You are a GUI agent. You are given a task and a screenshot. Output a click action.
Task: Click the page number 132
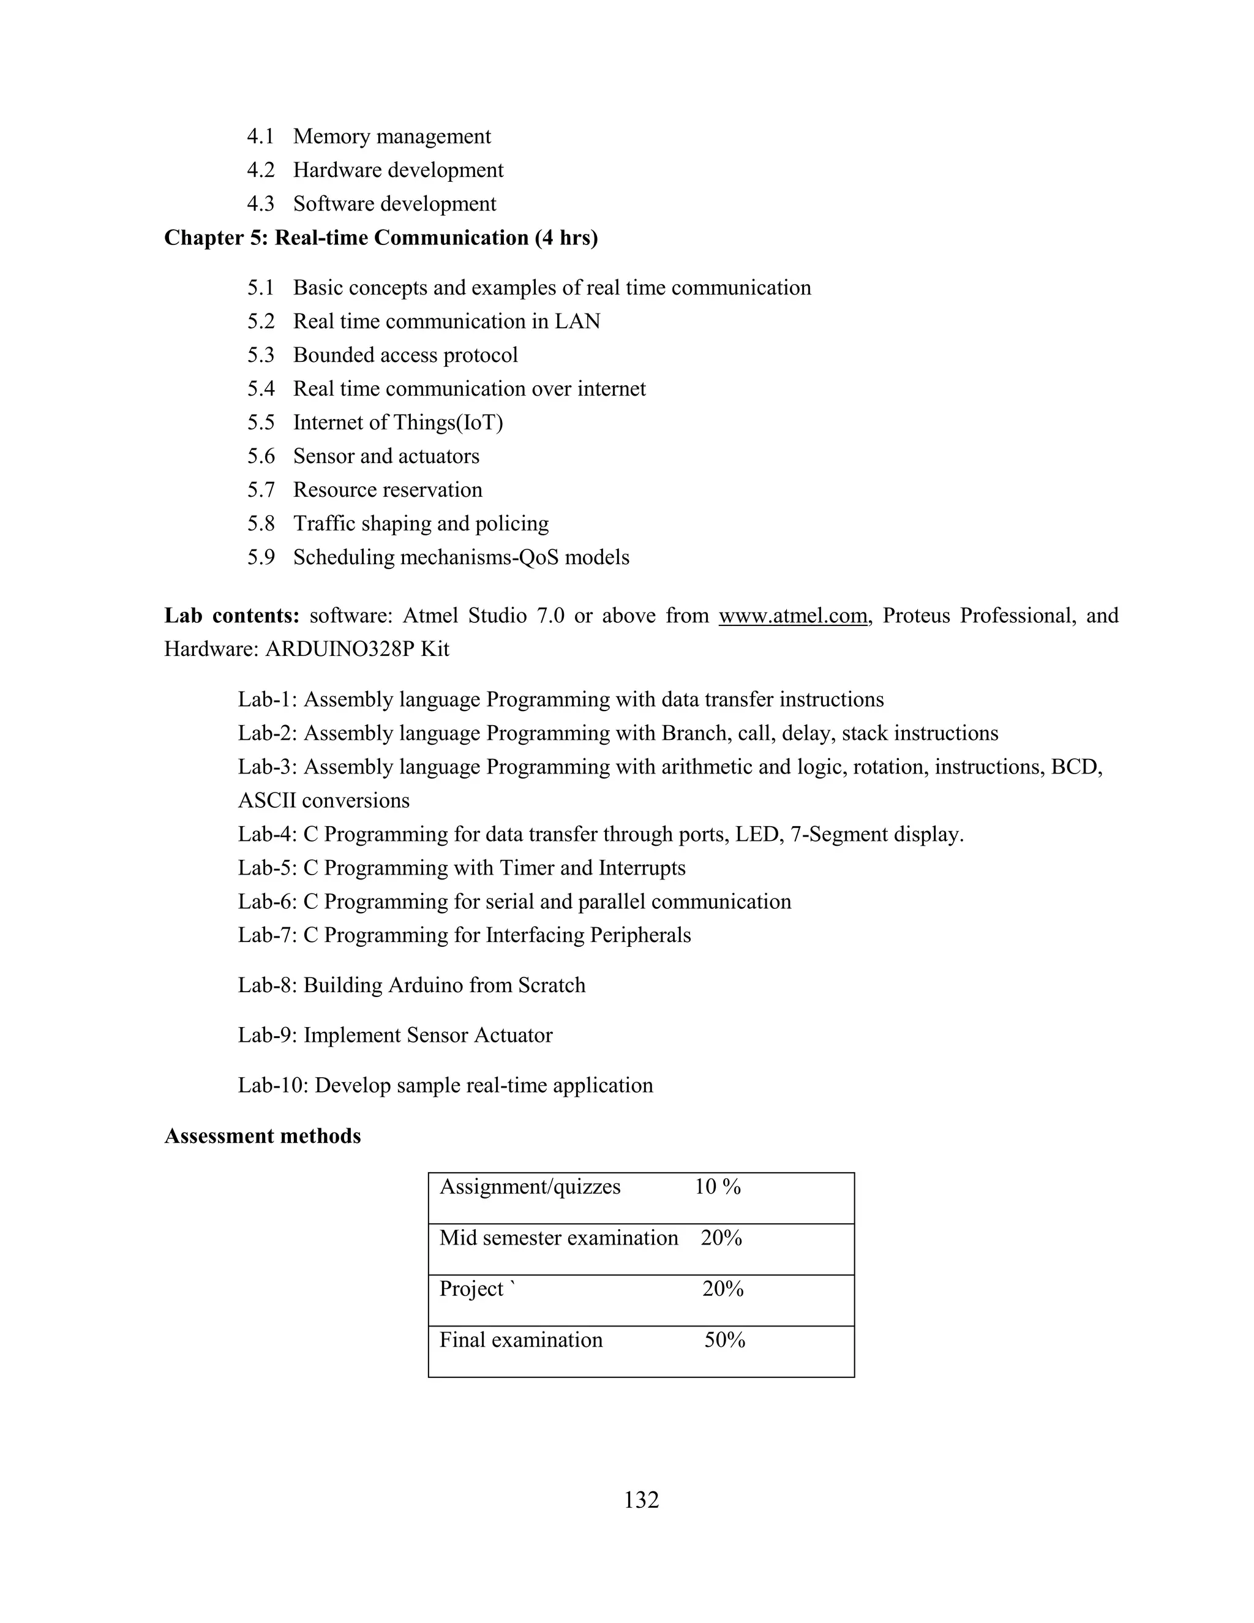click(x=641, y=1501)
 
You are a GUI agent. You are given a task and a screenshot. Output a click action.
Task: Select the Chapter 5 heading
click(x=380, y=238)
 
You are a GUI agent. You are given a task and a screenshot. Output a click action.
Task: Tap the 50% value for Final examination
click(x=724, y=1340)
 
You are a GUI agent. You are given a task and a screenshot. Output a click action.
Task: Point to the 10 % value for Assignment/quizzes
click(x=717, y=1187)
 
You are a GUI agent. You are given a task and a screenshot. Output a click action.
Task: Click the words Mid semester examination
click(x=558, y=1238)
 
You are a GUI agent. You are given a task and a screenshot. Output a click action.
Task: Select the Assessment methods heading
click(x=262, y=1136)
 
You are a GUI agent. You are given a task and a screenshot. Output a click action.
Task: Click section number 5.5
click(x=261, y=423)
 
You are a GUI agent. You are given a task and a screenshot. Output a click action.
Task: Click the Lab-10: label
click(x=272, y=1086)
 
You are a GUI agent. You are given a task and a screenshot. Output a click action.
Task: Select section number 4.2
click(x=261, y=170)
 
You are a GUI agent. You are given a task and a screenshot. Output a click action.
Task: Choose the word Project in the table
click(x=471, y=1289)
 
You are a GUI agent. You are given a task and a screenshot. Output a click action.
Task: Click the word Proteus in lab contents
click(x=916, y=616)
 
